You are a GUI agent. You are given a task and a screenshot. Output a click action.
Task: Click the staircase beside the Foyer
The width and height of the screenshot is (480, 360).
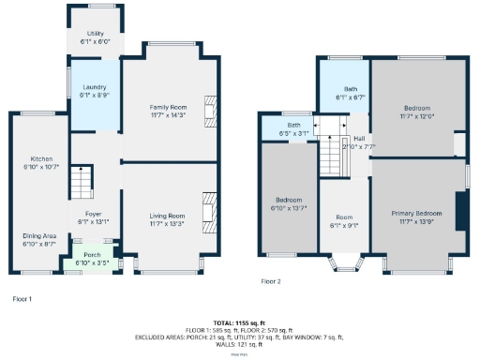[x=82, y=181]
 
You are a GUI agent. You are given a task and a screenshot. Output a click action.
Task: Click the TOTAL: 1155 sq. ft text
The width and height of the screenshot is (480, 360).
[x=239, y=322]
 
